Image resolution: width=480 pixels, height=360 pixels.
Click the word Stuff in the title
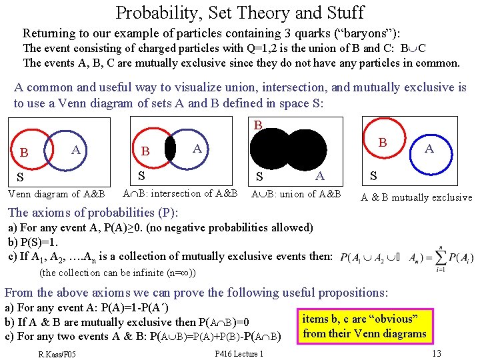341,12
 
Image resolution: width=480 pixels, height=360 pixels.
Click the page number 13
437,353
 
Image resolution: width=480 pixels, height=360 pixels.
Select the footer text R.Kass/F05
57,354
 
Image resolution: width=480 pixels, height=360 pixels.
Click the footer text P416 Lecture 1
239,354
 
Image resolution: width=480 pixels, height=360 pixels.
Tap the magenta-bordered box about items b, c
365,326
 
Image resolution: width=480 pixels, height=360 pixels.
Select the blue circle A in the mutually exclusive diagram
429,148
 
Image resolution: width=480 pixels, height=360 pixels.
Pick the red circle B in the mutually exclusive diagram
383,143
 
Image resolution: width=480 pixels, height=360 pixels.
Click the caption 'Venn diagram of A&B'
56,194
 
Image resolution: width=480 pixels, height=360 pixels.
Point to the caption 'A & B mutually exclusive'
416,197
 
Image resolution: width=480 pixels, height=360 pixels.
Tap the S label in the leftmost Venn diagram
20,177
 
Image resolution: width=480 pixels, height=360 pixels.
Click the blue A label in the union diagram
319,175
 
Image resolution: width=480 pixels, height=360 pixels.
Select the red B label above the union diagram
258,125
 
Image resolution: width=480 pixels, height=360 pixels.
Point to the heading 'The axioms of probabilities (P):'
93,213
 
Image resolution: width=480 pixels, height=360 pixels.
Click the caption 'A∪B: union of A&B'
295,194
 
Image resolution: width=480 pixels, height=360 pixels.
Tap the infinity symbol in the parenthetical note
187,273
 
